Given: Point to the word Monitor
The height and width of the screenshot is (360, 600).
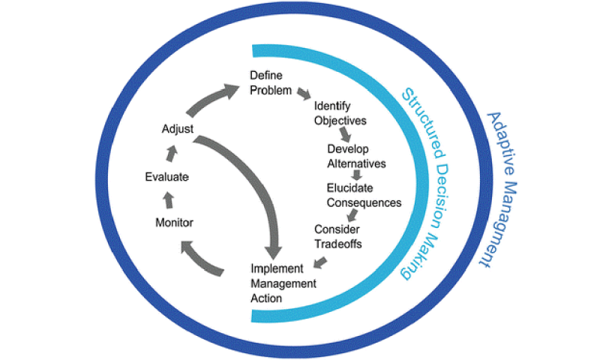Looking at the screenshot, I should point(174,223).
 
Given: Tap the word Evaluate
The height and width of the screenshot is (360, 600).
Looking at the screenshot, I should point(166,177).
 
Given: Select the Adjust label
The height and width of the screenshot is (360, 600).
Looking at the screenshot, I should point(178,130).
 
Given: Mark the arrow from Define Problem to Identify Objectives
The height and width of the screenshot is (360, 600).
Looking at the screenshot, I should point(304,94).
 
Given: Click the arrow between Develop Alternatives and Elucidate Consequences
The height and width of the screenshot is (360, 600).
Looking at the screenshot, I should point(357,175).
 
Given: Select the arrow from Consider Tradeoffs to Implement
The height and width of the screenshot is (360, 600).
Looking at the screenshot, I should point(320,262).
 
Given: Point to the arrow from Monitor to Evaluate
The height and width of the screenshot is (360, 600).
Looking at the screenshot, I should point(167,199).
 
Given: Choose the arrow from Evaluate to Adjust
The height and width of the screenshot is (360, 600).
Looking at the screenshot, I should point(172,154).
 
